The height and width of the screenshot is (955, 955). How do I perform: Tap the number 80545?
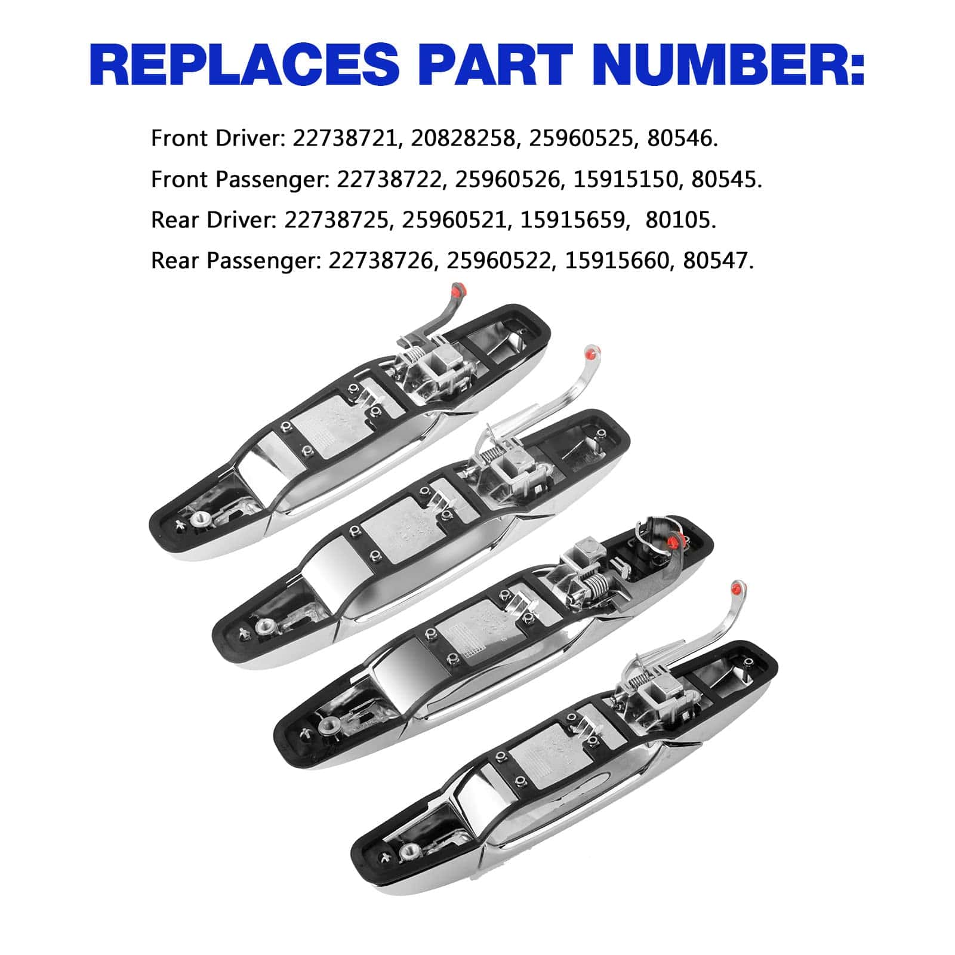[x=726, y=179]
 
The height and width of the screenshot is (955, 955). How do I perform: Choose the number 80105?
[x=680, y=220]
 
